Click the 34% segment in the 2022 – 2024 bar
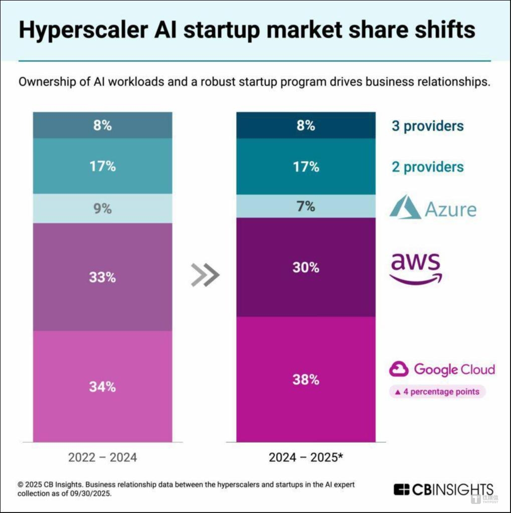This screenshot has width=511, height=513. pos(102,386)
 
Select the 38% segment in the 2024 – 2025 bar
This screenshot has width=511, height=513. pos(306,379)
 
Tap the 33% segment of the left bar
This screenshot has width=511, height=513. pos(102,277)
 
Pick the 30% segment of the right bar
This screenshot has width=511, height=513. pos(306,267)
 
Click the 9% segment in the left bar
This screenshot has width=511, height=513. pos(102,208)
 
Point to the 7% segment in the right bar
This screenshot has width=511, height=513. pos(306,206)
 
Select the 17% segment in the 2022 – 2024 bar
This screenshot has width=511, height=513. pos(102,166)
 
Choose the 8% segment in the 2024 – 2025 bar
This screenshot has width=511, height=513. pos(306,125)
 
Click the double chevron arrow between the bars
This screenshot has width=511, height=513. pos(206,275)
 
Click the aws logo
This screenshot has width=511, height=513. pos(416,268)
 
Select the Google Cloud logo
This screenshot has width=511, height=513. pos(442,370)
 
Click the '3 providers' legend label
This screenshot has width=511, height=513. pos(427,126)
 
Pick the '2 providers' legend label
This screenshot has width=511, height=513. pos(427,167)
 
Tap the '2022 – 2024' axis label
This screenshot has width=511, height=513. pos(102,457)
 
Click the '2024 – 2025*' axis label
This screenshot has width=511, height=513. pos(305,457)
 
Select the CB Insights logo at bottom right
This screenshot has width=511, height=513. pos(443,489)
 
